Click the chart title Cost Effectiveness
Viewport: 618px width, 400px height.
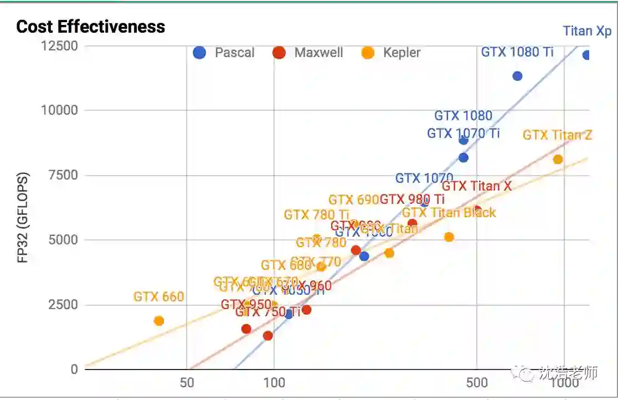(90, 27)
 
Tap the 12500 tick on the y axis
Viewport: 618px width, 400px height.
(59, 45)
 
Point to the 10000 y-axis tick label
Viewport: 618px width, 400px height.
(59, 110)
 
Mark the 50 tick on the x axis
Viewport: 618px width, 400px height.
(187, 383)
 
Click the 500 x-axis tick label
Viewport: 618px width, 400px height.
(477, 383)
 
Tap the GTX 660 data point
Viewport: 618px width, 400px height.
(159, 321)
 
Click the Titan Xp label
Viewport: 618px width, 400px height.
(587, 31)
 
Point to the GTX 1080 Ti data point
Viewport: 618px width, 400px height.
(517, 76)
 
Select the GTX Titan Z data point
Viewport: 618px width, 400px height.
(558, 160)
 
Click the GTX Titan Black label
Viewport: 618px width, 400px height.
(449, 213)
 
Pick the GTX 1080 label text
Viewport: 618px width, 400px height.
(463, 116)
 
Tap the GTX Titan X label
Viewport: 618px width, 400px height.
(477, 186)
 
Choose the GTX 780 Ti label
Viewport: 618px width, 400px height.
(317, 214)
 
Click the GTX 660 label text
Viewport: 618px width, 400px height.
(158, 297)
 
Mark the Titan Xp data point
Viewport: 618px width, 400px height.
(586, 55)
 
